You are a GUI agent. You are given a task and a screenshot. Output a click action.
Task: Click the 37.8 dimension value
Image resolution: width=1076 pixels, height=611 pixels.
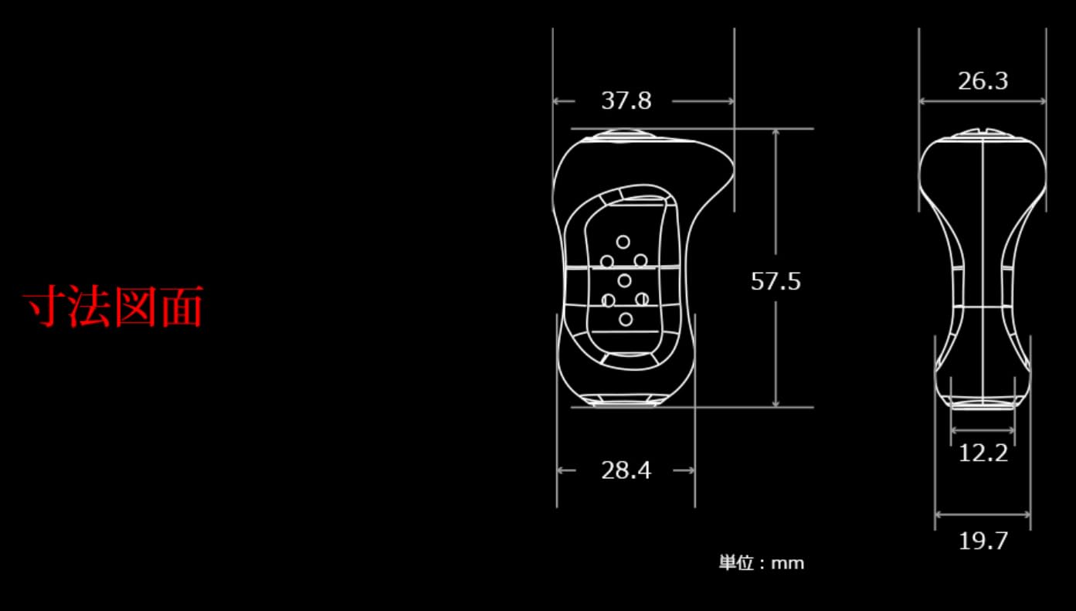(x=626, y=100)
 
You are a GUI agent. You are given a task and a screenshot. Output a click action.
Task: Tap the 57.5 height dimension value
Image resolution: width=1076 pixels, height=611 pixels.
(x=776, y=281)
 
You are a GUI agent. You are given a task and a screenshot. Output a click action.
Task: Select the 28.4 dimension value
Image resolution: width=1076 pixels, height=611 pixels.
(x=626, y=470)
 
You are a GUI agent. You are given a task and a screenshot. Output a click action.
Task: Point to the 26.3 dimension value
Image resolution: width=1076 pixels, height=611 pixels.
(x=983, y=80)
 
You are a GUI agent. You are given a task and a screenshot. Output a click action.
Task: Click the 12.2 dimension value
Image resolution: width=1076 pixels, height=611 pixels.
(x=983, y=453)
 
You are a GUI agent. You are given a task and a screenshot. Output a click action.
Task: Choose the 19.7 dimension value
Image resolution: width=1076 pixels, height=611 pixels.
(x=983, y=541)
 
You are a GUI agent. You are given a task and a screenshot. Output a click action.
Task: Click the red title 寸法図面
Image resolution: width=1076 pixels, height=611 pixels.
(x=114, y=307)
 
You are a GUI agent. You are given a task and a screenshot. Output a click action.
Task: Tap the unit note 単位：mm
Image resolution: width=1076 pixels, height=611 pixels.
(x=762, y=562)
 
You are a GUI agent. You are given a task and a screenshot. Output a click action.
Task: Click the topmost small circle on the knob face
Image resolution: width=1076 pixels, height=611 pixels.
(x=623, y=242)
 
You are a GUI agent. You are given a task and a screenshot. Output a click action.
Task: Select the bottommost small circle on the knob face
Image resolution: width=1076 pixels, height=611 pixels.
(x=626, y=320)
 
